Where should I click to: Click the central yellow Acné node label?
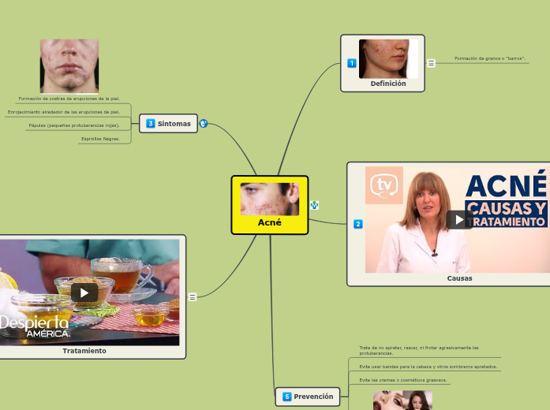coord(269,222)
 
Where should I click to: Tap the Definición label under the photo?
coord(387,84)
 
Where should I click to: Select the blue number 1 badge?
coord(352,63)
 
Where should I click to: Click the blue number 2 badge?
coord(357,224)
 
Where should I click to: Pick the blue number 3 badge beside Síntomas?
coord(151,124)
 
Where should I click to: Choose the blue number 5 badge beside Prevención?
coord(287,397)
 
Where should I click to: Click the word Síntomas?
coord(174,124)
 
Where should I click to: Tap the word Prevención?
coord(313,397)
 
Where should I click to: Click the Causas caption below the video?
coord(459,278)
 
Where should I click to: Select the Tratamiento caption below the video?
coord(84,351)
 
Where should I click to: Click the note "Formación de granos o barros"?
coord(490,58)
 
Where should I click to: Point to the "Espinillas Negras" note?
coord(101,139)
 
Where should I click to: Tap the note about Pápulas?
coord(74,125)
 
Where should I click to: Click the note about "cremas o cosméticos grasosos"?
coord(402,380)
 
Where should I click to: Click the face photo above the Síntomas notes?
coord(69,66)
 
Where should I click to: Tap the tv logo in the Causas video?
coord(384,185)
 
